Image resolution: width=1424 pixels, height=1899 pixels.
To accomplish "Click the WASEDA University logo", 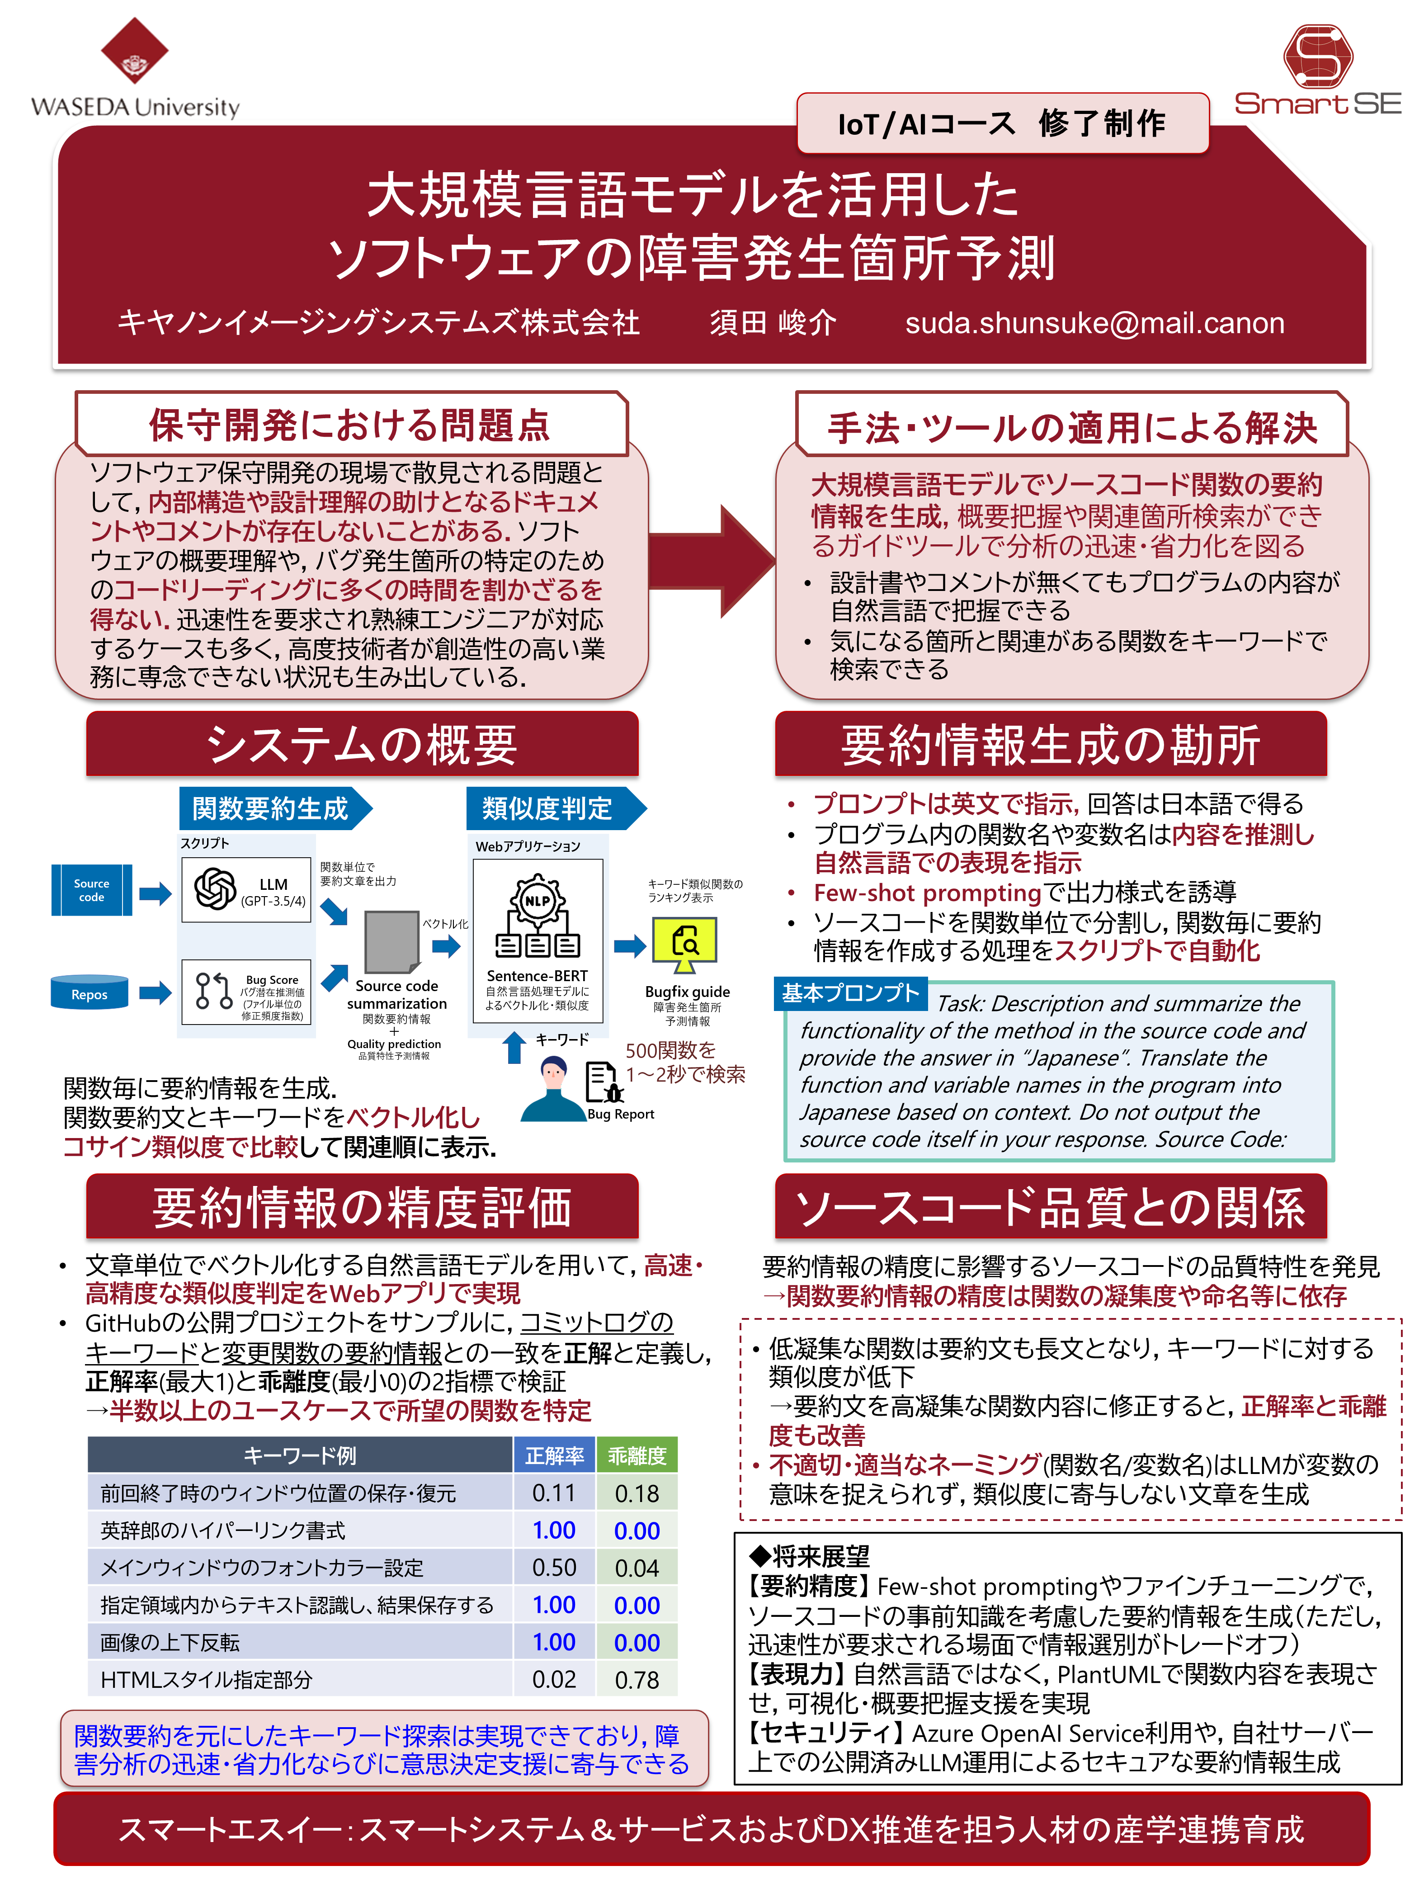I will [x=135, y=69].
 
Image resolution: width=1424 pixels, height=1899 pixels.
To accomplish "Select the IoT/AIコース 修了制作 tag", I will [x=1002, y=123].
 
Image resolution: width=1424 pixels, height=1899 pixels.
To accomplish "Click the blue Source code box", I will [x=91, y=890].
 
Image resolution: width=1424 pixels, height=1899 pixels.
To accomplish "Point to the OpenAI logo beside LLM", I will [x=215, y=888].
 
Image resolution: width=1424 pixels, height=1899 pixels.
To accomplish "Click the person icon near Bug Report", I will [x=554, y=1089].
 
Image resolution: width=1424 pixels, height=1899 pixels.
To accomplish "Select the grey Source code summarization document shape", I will [x=391, y=942].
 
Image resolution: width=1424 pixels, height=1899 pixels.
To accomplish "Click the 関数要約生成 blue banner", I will [x=272, y=808].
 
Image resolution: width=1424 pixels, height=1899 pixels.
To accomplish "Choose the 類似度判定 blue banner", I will [x=549, y=808].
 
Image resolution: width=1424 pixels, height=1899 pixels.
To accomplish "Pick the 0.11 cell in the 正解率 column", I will [x=554, y=1493].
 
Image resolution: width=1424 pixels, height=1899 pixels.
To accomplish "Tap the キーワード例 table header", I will [x=300, y=1455].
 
